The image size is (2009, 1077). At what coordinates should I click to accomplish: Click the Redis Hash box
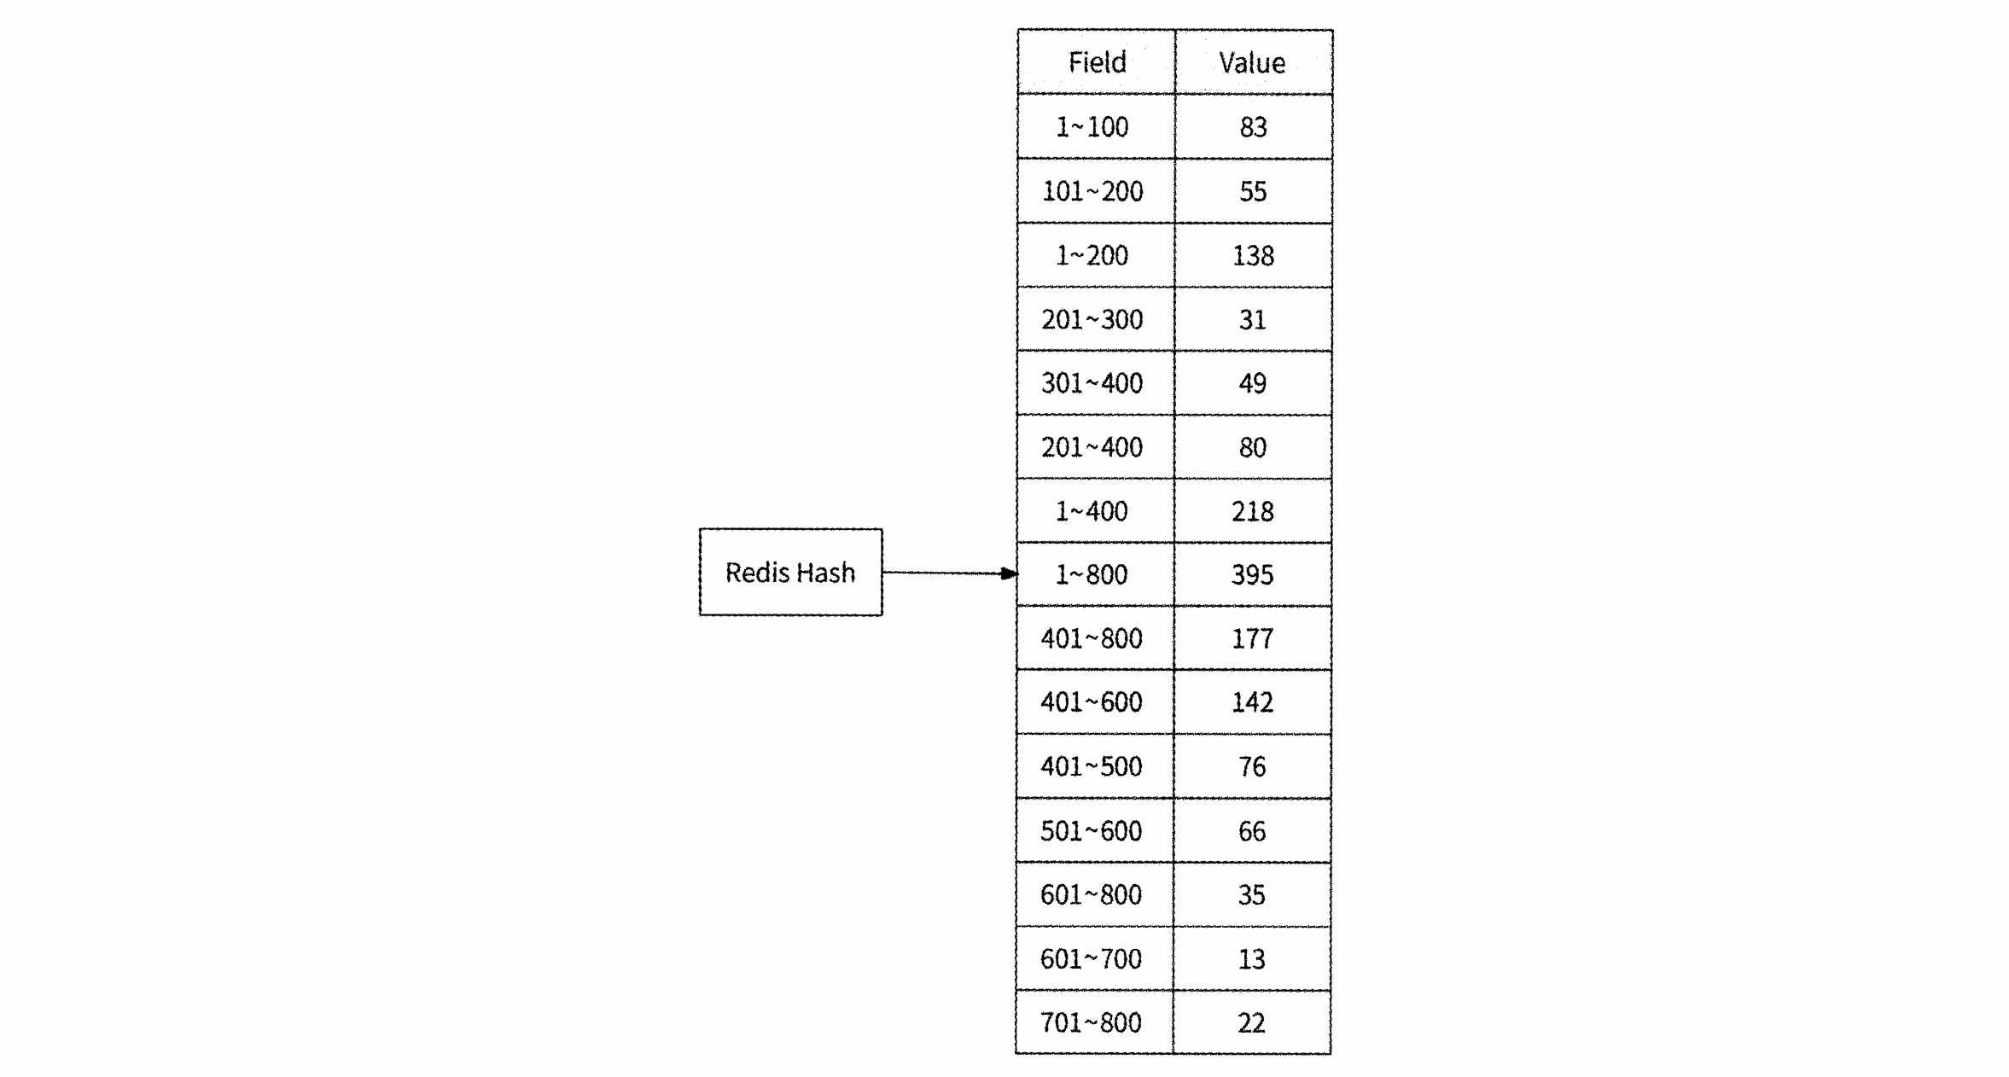click(790, 572)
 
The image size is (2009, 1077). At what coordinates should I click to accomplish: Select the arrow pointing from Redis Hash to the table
click(950, 573)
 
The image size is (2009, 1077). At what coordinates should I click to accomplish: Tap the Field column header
click(1097, 62)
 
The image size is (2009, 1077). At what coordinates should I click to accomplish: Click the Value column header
click(1253, 62)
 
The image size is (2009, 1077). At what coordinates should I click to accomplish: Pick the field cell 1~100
click(1096, 126)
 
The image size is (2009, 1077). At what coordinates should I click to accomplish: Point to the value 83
click(1253, 127)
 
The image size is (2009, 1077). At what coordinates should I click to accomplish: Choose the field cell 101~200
click(1096, 191)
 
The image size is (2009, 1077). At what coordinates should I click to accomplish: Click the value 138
click(1253, 255)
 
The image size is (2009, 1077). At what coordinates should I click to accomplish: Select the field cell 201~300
click(1096, 319)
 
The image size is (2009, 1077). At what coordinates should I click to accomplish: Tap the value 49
click(1253, 383)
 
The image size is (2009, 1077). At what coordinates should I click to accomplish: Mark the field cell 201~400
click(1096, 447)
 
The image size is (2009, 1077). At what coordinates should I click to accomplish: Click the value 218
click(1253, 511)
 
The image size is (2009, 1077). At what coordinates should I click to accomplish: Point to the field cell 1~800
click(1096, 574)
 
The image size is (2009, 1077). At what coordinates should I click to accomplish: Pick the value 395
click(1253, 574)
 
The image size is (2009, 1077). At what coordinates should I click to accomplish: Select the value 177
click(1253, 638)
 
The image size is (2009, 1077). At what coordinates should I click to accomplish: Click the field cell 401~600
click(1095, 702)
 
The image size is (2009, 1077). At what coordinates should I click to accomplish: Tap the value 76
click(1252, 766)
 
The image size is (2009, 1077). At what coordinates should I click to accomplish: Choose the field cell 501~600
click(1095, 830)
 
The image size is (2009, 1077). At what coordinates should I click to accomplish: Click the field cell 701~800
click(1095, 1022)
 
